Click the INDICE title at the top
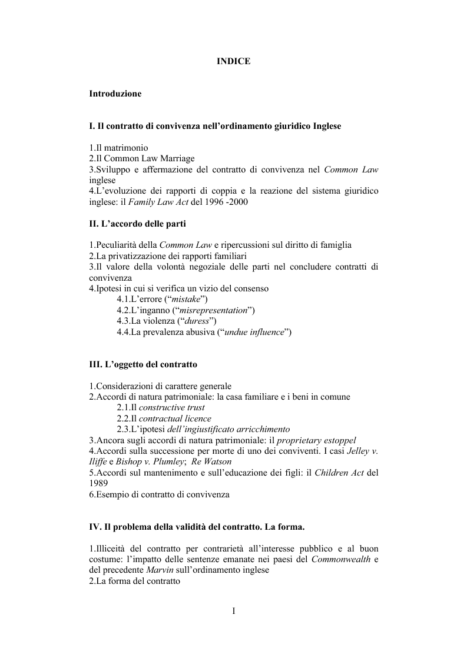point(233,61)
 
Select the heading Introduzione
point(115,94)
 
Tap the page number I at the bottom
point(233,610)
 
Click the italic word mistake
point(188,300)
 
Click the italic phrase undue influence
point(256,332)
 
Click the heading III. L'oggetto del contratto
point(143,364)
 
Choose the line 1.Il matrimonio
point(118,148)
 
